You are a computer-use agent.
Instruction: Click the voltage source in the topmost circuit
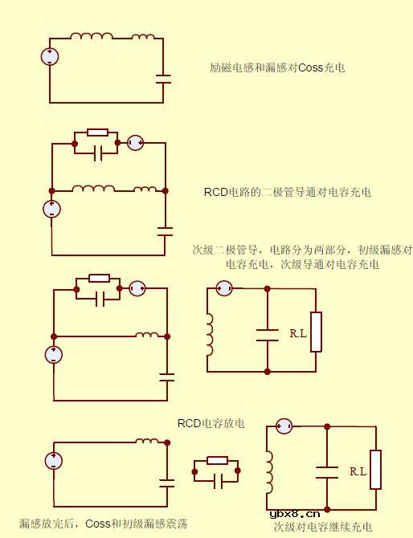click(51, 57)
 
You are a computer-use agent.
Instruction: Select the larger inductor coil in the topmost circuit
click(91, 36)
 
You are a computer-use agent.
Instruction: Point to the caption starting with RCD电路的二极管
click(287, 193)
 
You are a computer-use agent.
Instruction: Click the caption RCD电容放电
click(211, 423)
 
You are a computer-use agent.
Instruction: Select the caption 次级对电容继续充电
click(322, 527)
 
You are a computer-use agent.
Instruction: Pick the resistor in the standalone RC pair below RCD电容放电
click(217, 460)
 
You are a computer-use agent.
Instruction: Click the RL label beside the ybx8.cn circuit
click(358, 472)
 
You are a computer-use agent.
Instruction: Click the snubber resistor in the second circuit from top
click(97, 132)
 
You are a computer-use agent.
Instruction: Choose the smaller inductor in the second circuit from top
click(145, 190)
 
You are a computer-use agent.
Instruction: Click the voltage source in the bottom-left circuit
click(53, 461)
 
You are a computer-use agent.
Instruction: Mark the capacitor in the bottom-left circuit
click(167, 483)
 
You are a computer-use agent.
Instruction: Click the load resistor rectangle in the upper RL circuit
click(316, 332)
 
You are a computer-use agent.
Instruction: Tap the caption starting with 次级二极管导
click(302, 257)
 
